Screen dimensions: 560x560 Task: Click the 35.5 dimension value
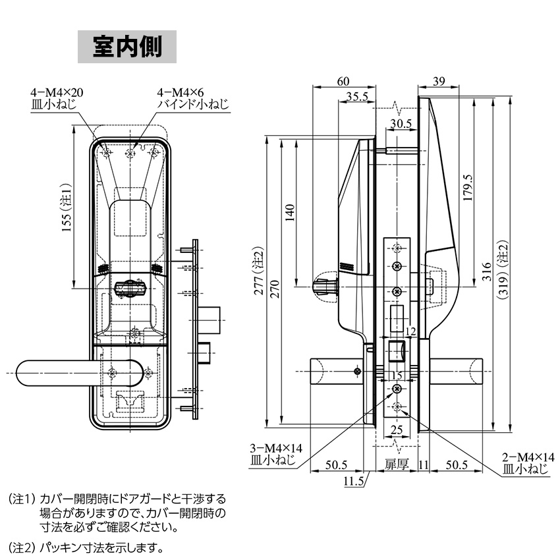[x=356, y=97]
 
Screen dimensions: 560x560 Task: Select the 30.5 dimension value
[x=400, y=123]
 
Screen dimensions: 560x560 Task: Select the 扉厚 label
[x=397, y=465]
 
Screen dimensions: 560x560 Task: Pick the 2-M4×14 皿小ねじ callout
[x=524, y=462]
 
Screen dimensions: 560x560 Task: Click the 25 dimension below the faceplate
[x=397, y=430]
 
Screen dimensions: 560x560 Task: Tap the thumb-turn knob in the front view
[x=130, y=288]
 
